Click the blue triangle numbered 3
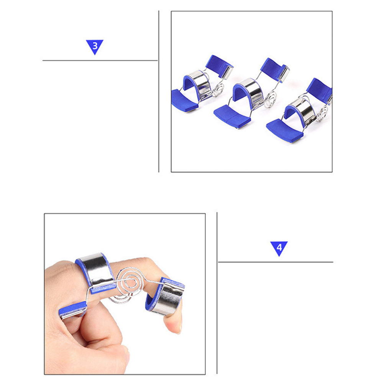(95, 46)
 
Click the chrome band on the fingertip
(167, 299)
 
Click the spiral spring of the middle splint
(271, 100)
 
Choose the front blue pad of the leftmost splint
(184, 100)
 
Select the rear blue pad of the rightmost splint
(319, 90)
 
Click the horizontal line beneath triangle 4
(276, 262)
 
